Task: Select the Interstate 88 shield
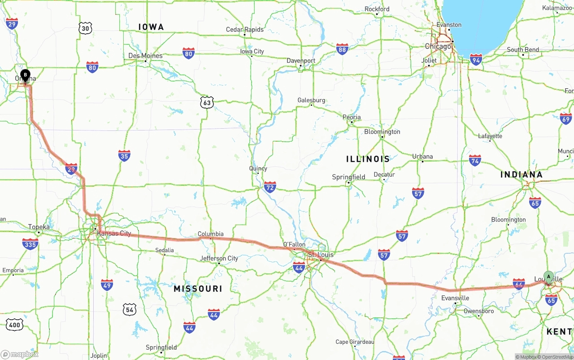coord(342,49)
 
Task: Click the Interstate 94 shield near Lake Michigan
coord(476,59)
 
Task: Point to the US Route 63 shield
coord(206,103)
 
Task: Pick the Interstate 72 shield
coord(270,187)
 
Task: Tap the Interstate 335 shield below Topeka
coord(30,244)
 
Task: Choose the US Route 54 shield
coord(130,309)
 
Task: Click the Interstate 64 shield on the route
coord(519,284)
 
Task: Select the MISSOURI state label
coord(198,289)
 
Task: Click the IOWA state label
coord(151,27)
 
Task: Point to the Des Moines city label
coord(145,56)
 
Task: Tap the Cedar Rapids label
coord(244,30)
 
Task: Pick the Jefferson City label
coord(219,258)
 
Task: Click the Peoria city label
coord(352,117)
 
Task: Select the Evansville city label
coord(455,298)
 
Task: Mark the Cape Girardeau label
coord(355,342)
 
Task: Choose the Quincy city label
coord(258,169)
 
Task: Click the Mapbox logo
coord(20,355)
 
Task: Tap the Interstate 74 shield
coord(475,160)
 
